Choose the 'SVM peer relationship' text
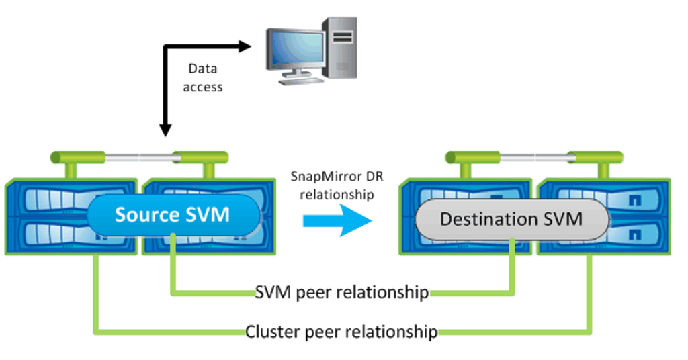click(x=342, y=293)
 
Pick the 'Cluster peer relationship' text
click(x=342, y=332)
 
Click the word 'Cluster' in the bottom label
click(x=266, y=332)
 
